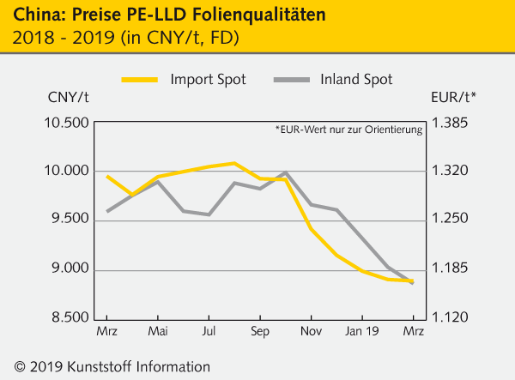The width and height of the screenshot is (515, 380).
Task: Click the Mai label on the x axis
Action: (x=158, y=331)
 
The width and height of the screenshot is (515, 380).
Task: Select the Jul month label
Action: (x=209, y=331)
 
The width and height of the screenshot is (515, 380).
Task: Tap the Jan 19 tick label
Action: (x=362, y=331)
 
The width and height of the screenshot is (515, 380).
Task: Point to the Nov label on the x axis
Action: (x=312, y=331)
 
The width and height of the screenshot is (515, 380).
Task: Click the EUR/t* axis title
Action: (x=454, y=97)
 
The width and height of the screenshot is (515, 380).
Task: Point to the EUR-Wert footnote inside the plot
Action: (x=348, y=130)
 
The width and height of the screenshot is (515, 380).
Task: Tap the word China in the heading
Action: (x=34, y=15)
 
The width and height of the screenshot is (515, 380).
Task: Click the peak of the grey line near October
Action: (x=286, y=172)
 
